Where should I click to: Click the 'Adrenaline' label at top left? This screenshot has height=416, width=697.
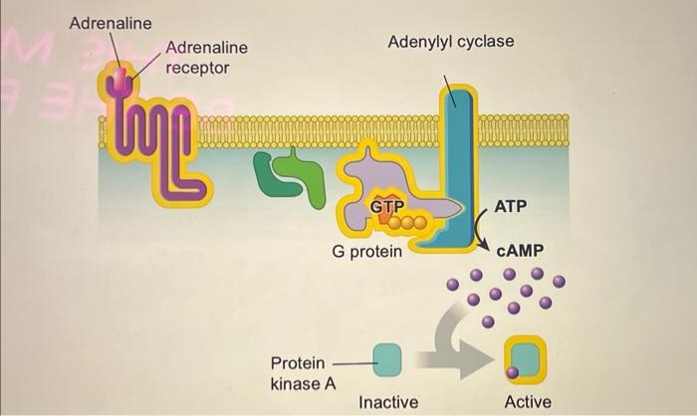[111, 23]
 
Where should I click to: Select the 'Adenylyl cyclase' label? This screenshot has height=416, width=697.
[450, 41]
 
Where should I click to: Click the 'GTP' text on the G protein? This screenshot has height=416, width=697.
[386, 205]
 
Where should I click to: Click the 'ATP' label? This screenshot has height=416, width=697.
[511, 206]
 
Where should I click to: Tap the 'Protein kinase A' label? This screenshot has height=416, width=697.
[298, 373]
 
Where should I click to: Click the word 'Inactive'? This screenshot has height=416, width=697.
[388, 402]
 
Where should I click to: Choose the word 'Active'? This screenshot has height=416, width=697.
[528, 402]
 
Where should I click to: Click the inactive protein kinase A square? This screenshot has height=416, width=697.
[386, 358]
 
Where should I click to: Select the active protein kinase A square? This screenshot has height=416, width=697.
[525, 358]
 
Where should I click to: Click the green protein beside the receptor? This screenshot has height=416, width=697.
[292, 176]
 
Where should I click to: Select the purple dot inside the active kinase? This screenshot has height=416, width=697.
[512, 372]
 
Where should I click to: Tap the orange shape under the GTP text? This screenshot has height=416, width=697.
[385, 216]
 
